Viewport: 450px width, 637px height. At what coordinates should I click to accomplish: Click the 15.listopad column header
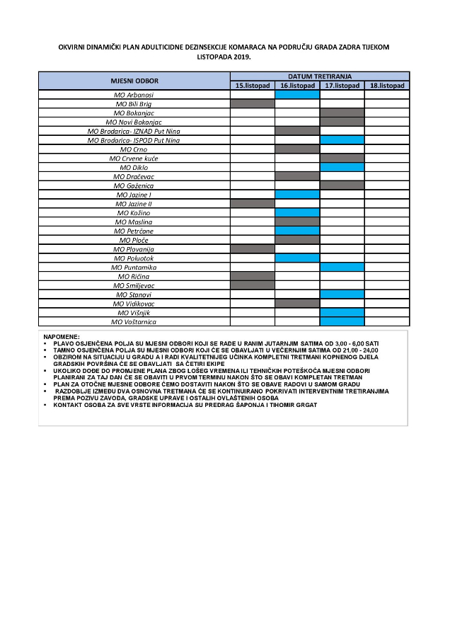pyautogui.click(x=253, y=86)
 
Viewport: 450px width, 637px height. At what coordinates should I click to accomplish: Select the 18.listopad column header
pyautogui.click(x=387, y=86)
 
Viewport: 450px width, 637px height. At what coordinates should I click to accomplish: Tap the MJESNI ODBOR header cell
pyautogui.click(x=134, y=81)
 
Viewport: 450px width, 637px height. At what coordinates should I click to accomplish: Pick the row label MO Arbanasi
pyautogui.click(x=134, y=95)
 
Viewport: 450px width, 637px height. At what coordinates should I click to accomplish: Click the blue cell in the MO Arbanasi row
pyautogui.click(x=297, y=95)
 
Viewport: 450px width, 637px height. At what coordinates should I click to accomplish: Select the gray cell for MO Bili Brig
pyautogui.click(x=253, y=104)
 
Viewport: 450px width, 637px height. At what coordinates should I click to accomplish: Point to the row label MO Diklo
pyautogui.click(x=134, y=168)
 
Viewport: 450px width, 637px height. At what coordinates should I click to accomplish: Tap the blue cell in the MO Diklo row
pyautogui.click(x=342, y=168)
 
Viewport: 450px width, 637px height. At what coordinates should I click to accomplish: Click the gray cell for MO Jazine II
pyautogui.click(x=253, y=204)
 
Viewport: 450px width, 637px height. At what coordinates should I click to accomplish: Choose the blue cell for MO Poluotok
pyautogui.click(x=297, y=258)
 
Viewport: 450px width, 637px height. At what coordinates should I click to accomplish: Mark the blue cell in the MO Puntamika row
pyautogui.click(x=342, y=268)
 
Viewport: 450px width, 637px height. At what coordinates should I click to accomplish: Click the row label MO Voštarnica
pyautogui.click(x=134, y=321)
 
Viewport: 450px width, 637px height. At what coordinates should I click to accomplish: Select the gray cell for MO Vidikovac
pyautogui.click(x=297, y=304)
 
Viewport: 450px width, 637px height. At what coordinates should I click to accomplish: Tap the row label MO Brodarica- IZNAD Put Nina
pyautogui.click(x=134, y=131)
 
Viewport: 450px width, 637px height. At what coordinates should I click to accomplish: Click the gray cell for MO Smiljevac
pyautogui.click(x=253, y=285)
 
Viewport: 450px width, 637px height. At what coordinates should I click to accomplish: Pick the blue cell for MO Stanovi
pyautogui.click(x=342, y=294)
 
